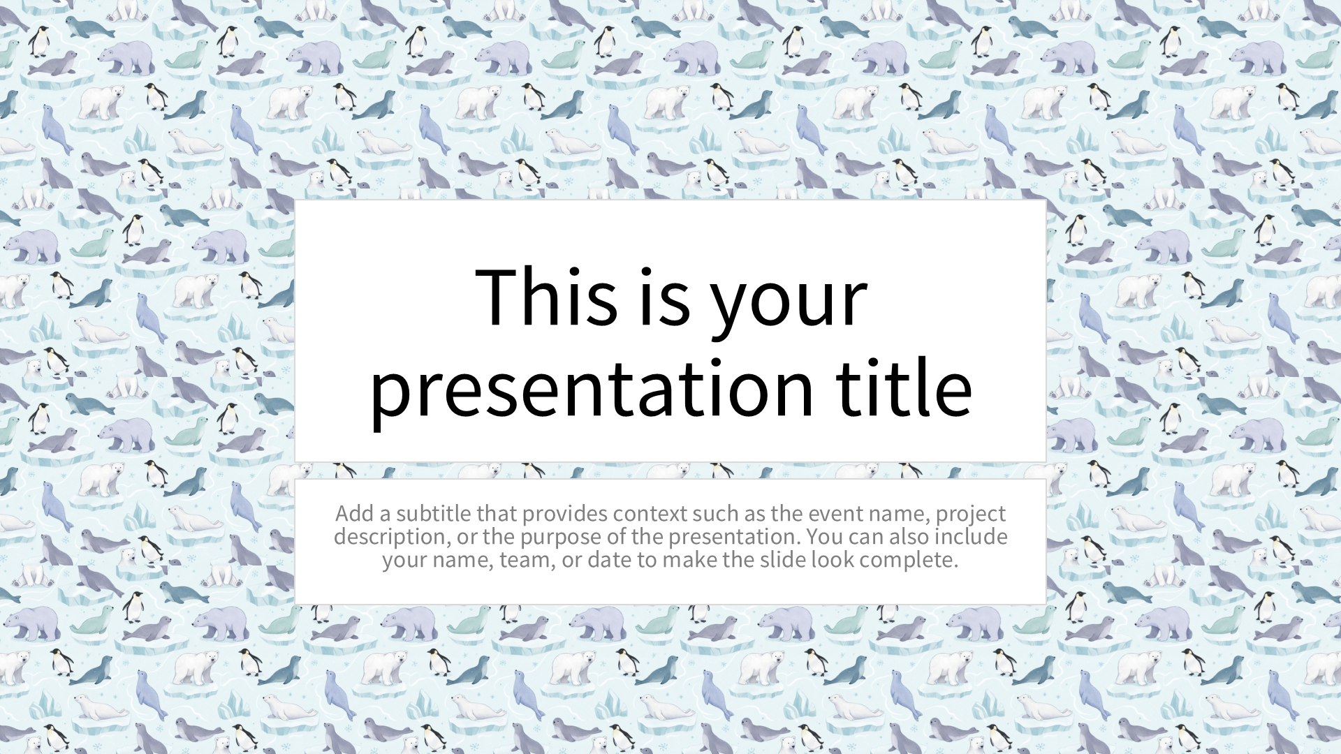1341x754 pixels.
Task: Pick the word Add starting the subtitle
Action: click(x=354, y=513)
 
